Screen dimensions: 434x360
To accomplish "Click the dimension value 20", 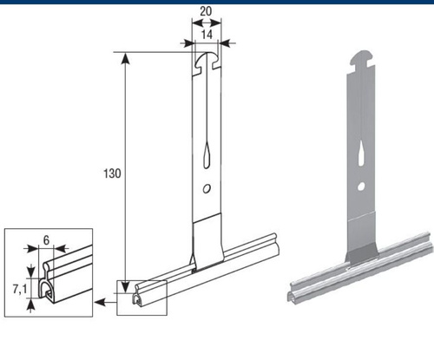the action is (x=206, y=11).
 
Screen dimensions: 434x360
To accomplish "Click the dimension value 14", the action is (x=207, y=35).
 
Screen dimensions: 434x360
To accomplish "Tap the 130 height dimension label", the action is (x=112, y=173).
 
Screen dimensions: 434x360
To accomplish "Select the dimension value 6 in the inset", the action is (x=46, y=239).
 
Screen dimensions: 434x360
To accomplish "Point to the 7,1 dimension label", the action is (x=20, y=289).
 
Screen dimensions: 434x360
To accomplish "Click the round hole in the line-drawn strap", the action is (x=207, y=189).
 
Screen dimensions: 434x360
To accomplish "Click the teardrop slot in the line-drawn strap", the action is (x=207, y=155).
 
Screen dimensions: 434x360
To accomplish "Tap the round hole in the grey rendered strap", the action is (x=361, y=187).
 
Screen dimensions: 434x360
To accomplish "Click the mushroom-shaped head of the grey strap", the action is (x=363, y=59).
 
